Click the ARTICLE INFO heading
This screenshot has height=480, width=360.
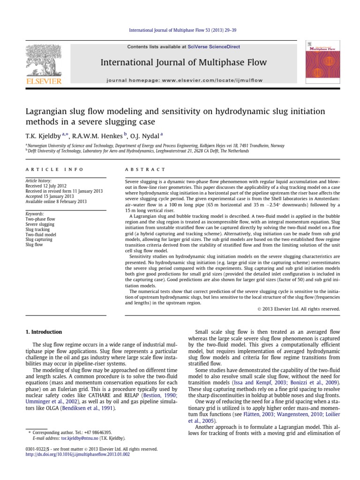point(54,169)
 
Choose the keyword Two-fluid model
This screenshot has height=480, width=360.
point(41,234)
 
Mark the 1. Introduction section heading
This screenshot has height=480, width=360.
point(43,332)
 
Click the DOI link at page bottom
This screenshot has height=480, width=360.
point(78,454)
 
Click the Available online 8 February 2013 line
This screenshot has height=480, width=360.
point(56,202)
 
